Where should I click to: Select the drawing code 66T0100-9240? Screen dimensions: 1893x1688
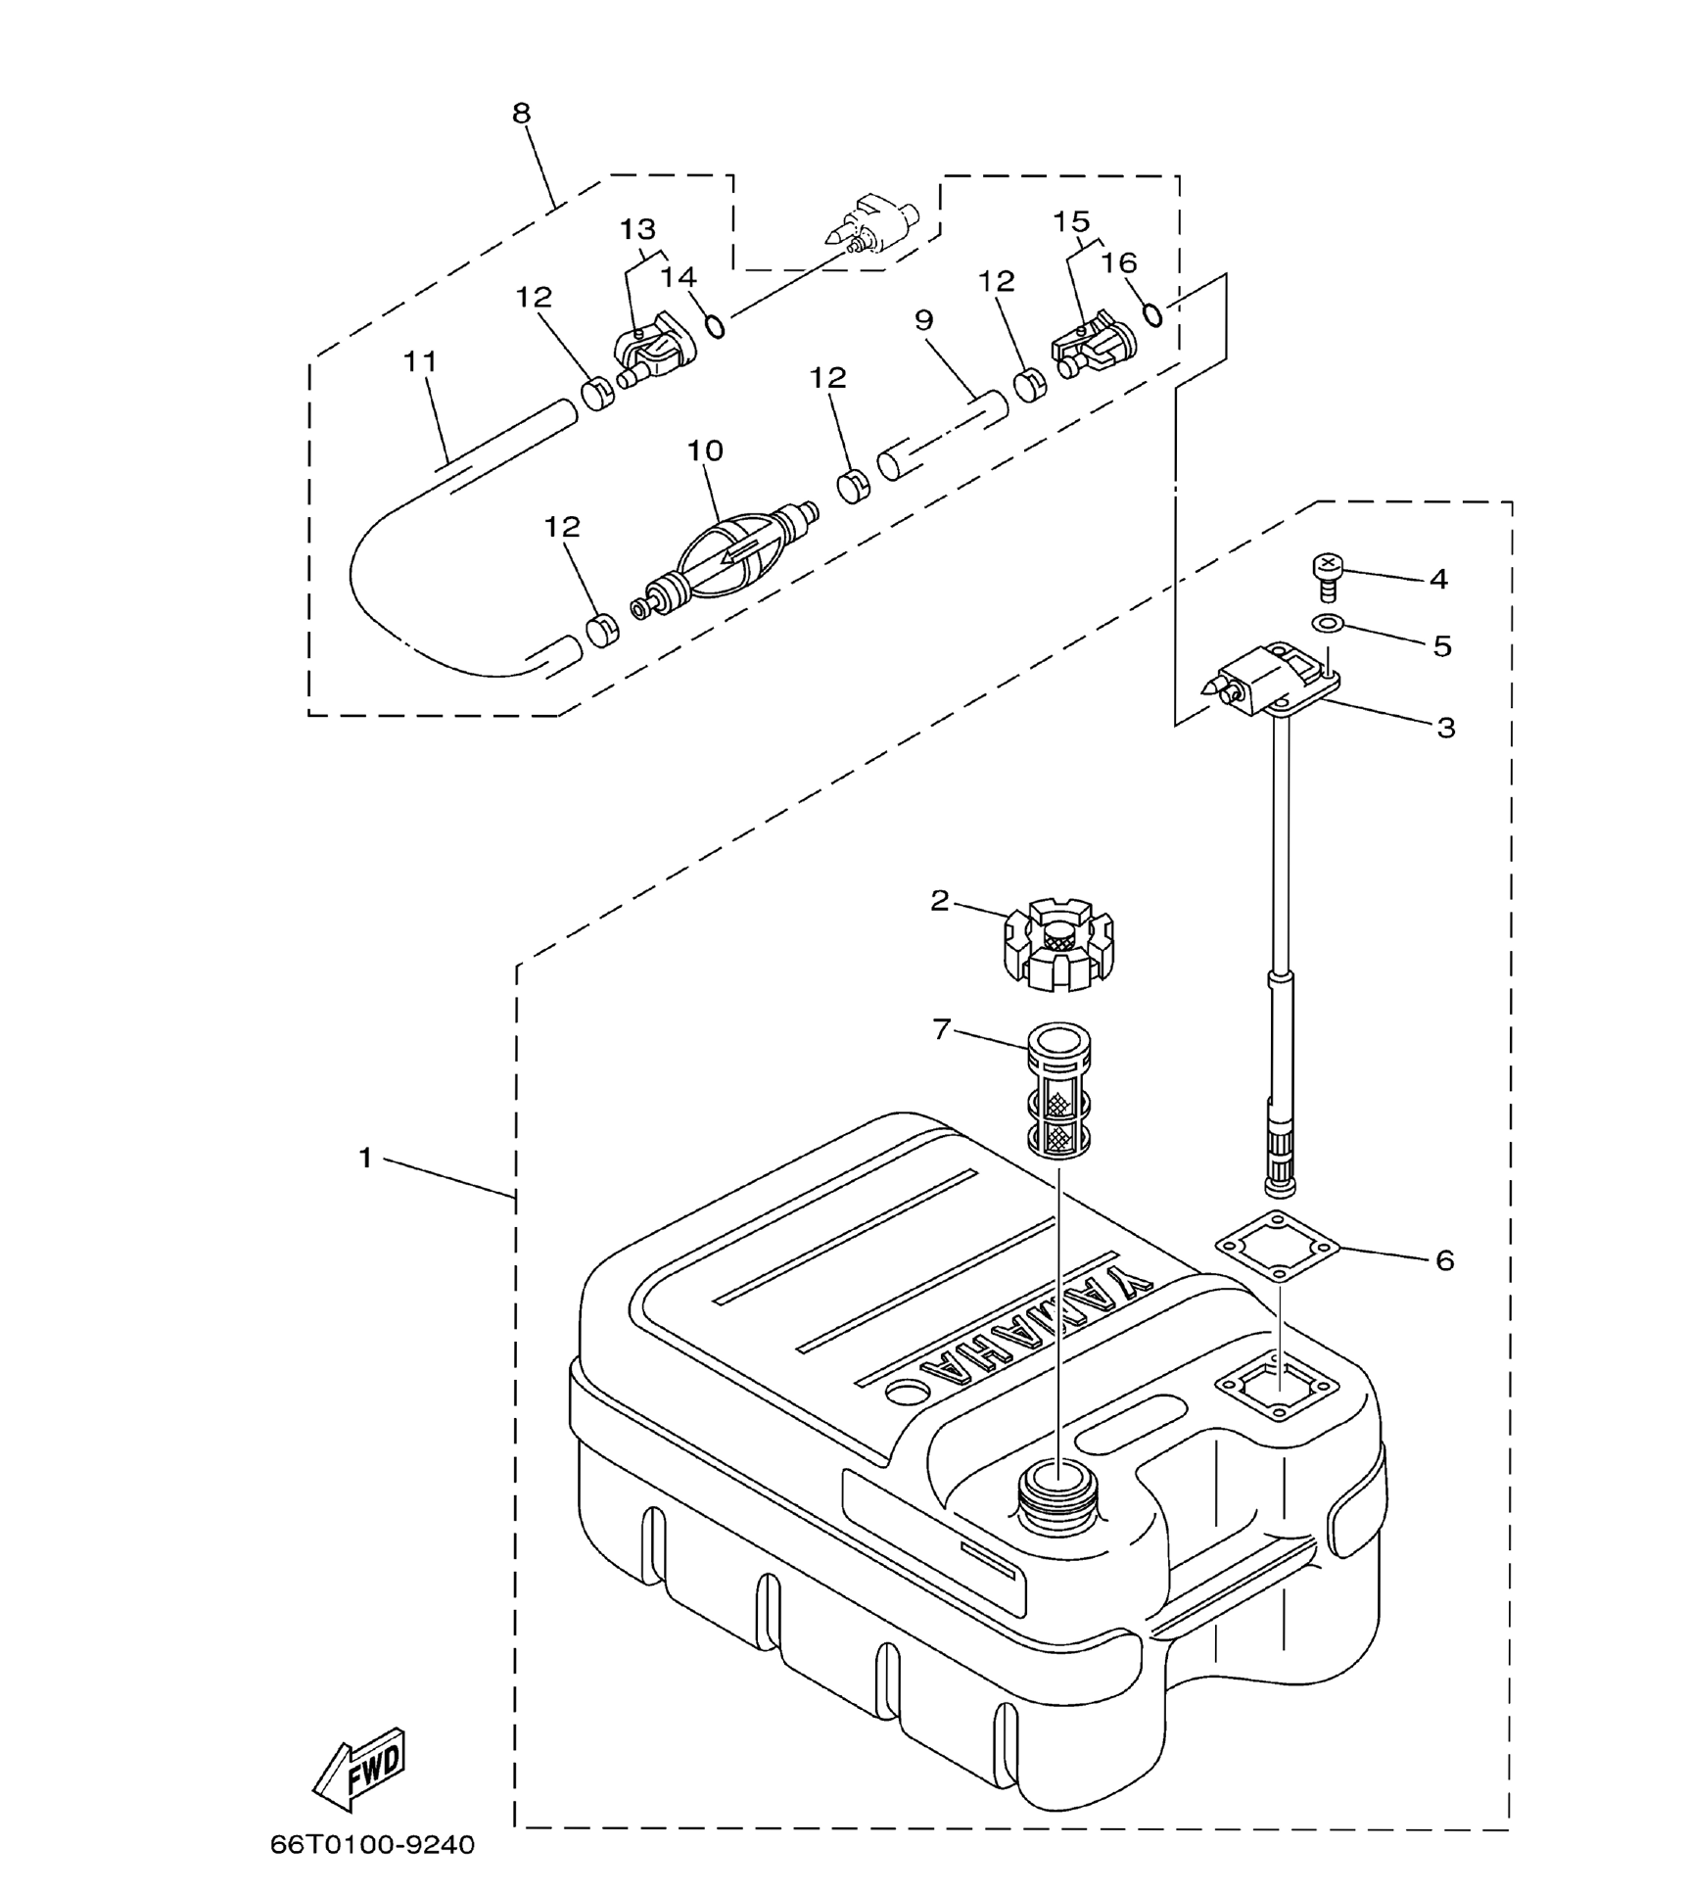click(x=372, y=1845)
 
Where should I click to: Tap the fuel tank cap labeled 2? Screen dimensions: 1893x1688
click(x=1059, y=944)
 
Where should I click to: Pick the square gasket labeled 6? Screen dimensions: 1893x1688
click(x=1277, y=1248)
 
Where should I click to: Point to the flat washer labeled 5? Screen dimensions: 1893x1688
click(x=1327, y=623)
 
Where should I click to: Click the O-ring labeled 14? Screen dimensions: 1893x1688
click(x=716, y=326)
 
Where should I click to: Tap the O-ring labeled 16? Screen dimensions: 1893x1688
click(x=1153, y=314)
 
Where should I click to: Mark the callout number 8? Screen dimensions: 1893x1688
click(x=521, y=114)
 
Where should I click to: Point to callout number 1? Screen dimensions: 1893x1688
click(x=365, y=1159)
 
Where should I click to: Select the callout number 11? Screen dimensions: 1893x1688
click(x=420, y=361)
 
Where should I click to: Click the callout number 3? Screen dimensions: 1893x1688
click(x=1445, y=728)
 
